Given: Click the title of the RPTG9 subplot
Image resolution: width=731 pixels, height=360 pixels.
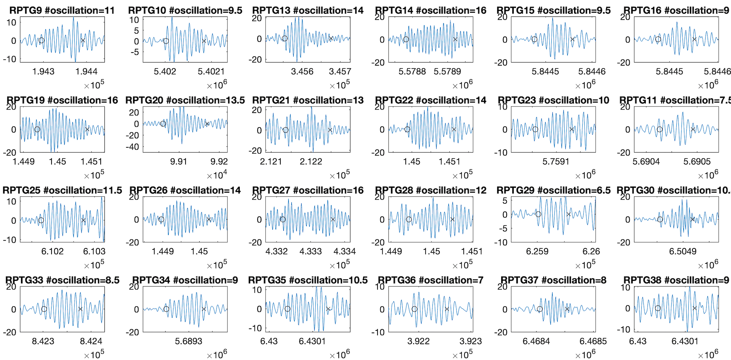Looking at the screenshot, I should tap(62, 10).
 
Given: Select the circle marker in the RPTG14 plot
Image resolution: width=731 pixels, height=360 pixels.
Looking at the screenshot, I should tap(406, 40).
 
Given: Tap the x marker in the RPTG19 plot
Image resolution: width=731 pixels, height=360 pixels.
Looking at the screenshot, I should tap(87, 130).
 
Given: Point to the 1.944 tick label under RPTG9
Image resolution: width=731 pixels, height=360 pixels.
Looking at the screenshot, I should tap(86, 71).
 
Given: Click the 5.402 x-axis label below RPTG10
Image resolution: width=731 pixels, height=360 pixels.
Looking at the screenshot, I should tap(165, 71).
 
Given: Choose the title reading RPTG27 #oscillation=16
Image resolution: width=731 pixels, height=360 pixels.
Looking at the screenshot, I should tap(308, 190).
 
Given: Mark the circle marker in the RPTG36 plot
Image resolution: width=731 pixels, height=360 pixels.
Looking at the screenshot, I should tap(414, 309).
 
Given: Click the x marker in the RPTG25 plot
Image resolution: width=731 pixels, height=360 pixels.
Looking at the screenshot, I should tap(83, 220).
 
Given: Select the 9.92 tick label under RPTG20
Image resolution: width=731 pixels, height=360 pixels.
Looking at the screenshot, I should tap(219, 161).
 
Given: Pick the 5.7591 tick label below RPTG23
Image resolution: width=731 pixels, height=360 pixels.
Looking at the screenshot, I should tap(555, 161).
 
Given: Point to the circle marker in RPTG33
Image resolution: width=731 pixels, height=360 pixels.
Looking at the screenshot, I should tap(44, 309).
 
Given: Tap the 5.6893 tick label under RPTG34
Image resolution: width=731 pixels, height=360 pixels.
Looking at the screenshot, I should tap(189, 341).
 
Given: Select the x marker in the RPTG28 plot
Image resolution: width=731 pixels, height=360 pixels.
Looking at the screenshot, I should tap(452, 220).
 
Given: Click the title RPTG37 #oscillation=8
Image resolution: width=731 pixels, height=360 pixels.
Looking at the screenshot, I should tap(553, 280).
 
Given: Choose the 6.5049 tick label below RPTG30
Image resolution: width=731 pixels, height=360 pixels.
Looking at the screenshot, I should tap(683, 251).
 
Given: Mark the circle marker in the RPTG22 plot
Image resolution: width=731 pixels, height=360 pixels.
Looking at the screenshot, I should tap(407, 130).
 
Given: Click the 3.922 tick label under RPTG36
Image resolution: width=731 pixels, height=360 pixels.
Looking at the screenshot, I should tap(418, 341).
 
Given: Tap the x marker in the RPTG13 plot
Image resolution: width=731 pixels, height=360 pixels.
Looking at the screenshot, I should tap(331, 38).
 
